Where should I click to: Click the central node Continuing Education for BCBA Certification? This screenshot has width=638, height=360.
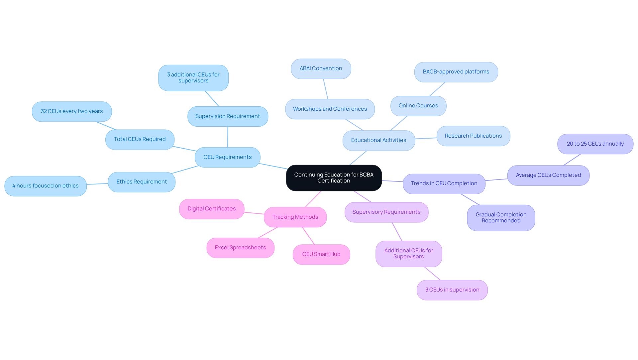point(334,178)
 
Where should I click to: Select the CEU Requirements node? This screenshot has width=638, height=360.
point(227,157)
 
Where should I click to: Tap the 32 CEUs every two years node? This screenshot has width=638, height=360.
point(72,111)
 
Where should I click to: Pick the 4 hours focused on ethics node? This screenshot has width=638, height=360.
point(46,186)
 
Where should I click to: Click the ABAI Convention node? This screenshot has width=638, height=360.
point(321,68)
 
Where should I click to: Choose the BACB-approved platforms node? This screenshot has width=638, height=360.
point(456,72)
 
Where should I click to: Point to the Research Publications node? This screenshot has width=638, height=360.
point(473,136)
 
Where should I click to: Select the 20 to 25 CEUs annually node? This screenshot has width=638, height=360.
point(595,144)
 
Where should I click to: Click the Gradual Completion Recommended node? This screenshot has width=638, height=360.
point(501,218)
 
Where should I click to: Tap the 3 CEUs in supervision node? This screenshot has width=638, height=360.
point(452,290)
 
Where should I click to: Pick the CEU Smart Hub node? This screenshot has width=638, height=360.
point(321,254)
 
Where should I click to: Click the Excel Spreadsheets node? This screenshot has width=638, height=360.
point(240,248)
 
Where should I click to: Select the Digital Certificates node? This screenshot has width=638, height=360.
point(211,209)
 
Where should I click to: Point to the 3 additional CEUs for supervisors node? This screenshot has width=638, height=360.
point(193,78)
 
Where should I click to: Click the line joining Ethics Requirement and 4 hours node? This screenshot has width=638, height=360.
point(97,184)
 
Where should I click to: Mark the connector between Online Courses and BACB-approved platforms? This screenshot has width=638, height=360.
point(437,89)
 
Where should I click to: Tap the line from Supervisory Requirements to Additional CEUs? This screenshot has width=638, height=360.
point(397,232)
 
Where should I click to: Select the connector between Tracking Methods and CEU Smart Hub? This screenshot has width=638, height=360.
point(308,236)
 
